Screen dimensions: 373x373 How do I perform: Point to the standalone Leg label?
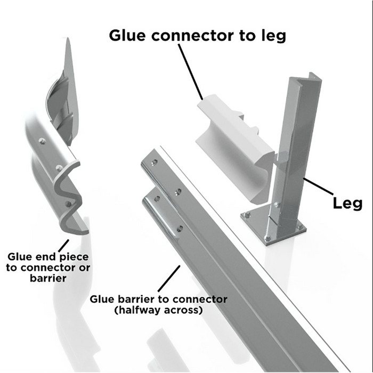[347, 203]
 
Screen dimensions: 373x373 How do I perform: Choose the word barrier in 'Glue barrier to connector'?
[137, 299]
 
